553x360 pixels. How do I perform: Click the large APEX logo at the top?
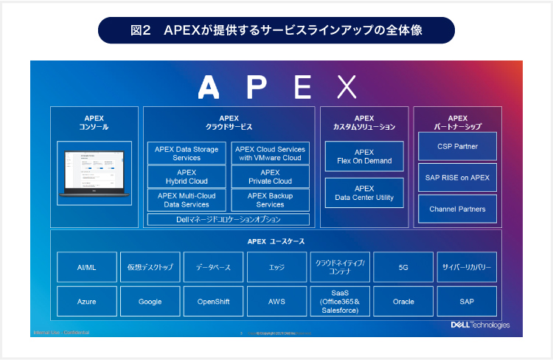(276, 87)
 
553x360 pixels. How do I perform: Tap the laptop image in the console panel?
(94, 174)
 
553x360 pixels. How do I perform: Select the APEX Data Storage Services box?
(187, 153)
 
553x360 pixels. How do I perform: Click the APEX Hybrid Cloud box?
(187, 177)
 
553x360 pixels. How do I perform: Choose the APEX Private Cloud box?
(270, 177)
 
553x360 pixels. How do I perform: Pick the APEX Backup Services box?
(270, 200)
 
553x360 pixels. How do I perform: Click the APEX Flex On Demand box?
(364, 156)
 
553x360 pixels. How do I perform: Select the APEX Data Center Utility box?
(364, 193)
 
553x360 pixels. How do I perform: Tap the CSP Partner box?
(458, 146)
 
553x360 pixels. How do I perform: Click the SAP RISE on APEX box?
(458, 178)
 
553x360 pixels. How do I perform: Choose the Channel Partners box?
(458, 209)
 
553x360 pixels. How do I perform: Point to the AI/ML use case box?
(86, 267)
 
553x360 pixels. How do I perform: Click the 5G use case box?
(403, 267)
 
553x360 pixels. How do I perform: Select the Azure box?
(86, 301)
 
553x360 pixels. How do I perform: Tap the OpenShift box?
(213, 301)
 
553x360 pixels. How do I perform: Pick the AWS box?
(276, 301)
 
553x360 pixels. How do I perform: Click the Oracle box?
(403, 301)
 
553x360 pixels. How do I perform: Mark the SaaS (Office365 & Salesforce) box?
(339, 301)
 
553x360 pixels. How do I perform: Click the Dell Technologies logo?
(480, 325)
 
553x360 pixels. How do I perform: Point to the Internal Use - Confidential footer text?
(61, 333)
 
